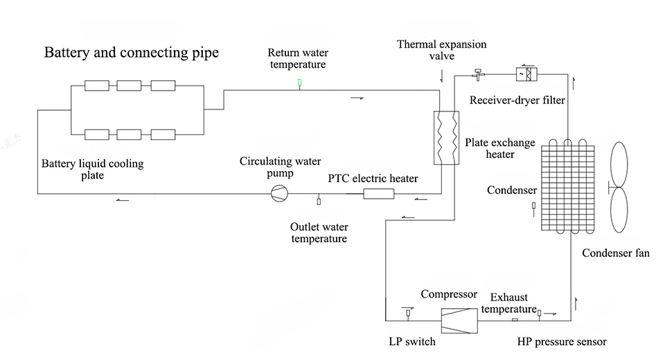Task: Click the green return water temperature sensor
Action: pyautogui.click(x=299, y=83)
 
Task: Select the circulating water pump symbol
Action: pyautogui.click(x=278, y=193)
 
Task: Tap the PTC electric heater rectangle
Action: pyautogui.click(x=379, y=193)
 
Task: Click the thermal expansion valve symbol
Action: pyautogui.click(x=477, y=73)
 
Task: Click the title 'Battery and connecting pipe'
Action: pyautogui.click(x=132, y=53)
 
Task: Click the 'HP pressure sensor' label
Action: pyautogui.click(x=562, y=341)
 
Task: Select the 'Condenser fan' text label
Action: pyautogui.click(x=616, y=253)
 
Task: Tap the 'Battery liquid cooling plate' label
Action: pyautogui.click(x=92, y=170)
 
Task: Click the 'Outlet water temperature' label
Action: pyautogui.click(x=319, y=233)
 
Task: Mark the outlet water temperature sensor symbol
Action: pyautogui.click(x=319, y=201)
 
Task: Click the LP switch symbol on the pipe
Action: pyautogui.click(x=407, y=314)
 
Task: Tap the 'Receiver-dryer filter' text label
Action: pyautogui.click(x=517, y=100)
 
